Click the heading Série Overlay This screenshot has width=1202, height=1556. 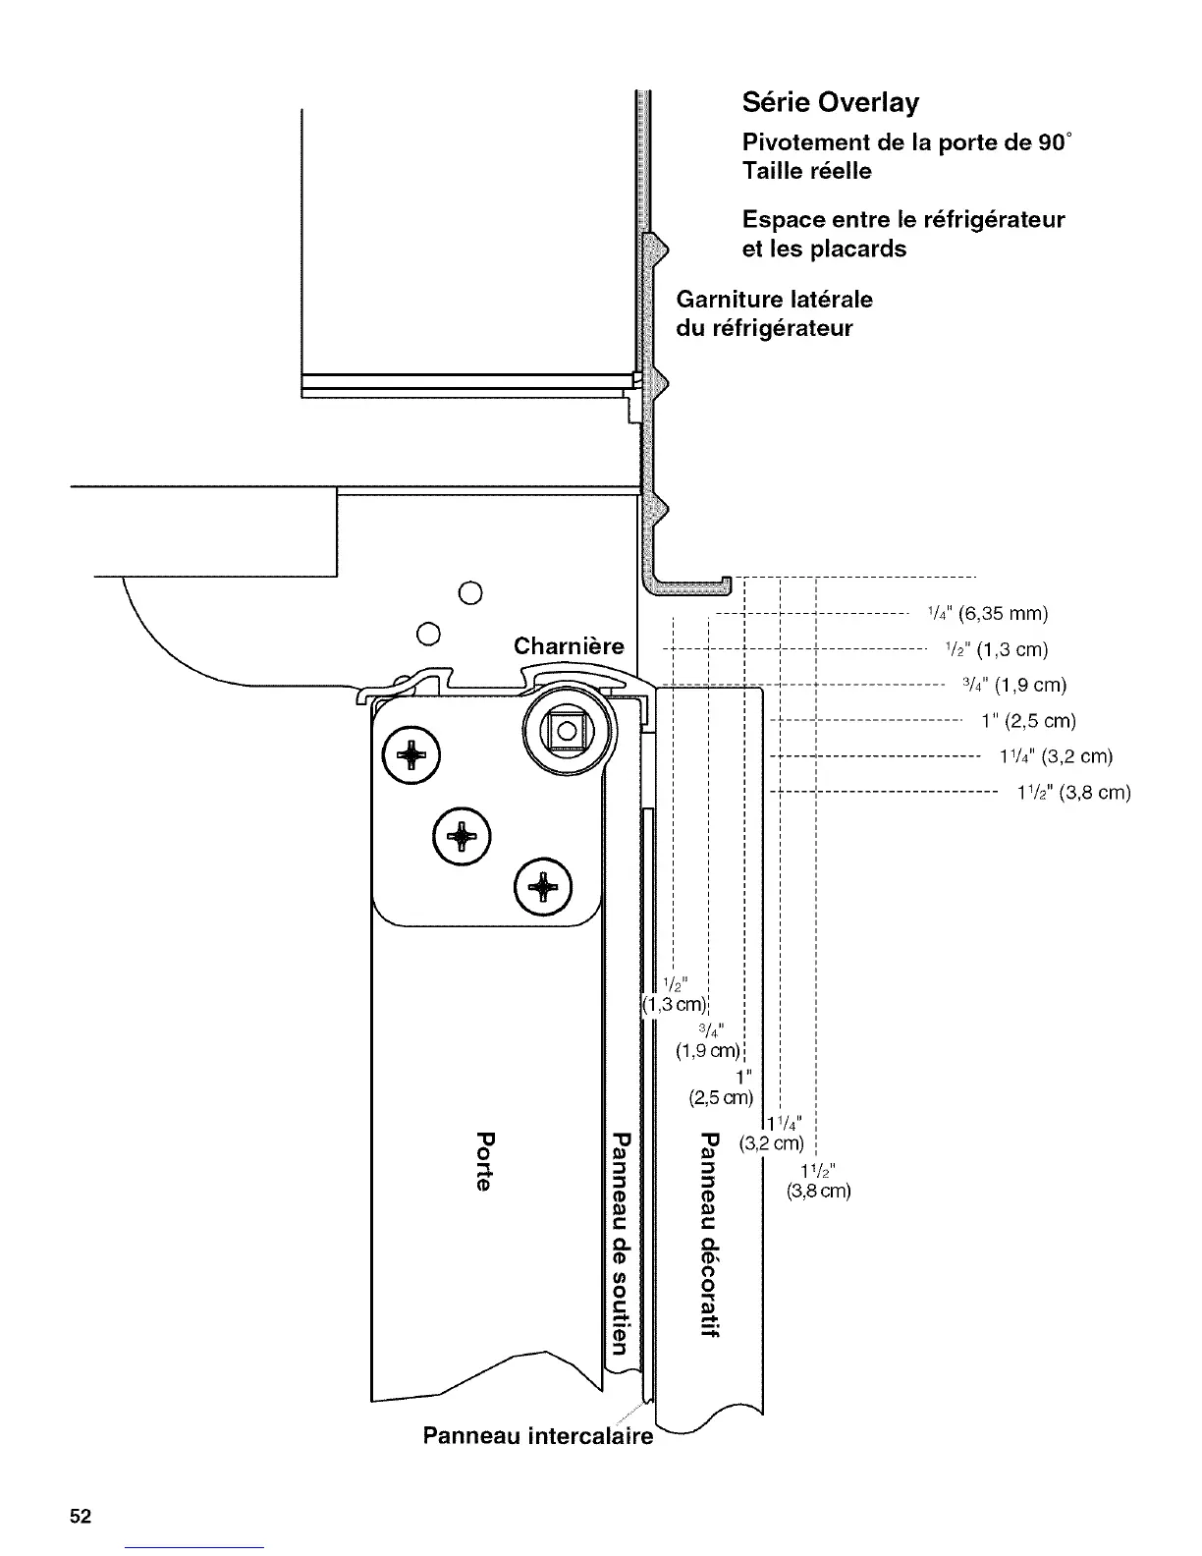click(x=830, y=103)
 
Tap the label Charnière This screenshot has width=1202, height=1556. click(x=569, y=646)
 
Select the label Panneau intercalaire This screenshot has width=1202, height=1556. click(x=537, y=1436)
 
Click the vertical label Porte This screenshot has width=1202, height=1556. click(x=482, y=1161)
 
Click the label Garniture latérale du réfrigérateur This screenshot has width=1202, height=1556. click(x=774, y=313)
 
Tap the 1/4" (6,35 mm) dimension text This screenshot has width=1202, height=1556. click(x=987, y=615)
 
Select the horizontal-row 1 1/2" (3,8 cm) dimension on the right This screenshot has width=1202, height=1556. click(x=1073, y=793)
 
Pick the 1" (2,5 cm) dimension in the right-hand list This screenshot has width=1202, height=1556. click(x=1028, y=722)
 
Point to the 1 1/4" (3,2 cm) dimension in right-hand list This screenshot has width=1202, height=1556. click(x=1055, y=757)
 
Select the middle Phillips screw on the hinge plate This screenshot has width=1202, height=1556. click(x=461, y=836)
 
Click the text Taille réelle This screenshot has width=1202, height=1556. click(x=806, y=172)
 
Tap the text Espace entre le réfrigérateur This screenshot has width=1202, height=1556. click(x=902, y=219)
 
